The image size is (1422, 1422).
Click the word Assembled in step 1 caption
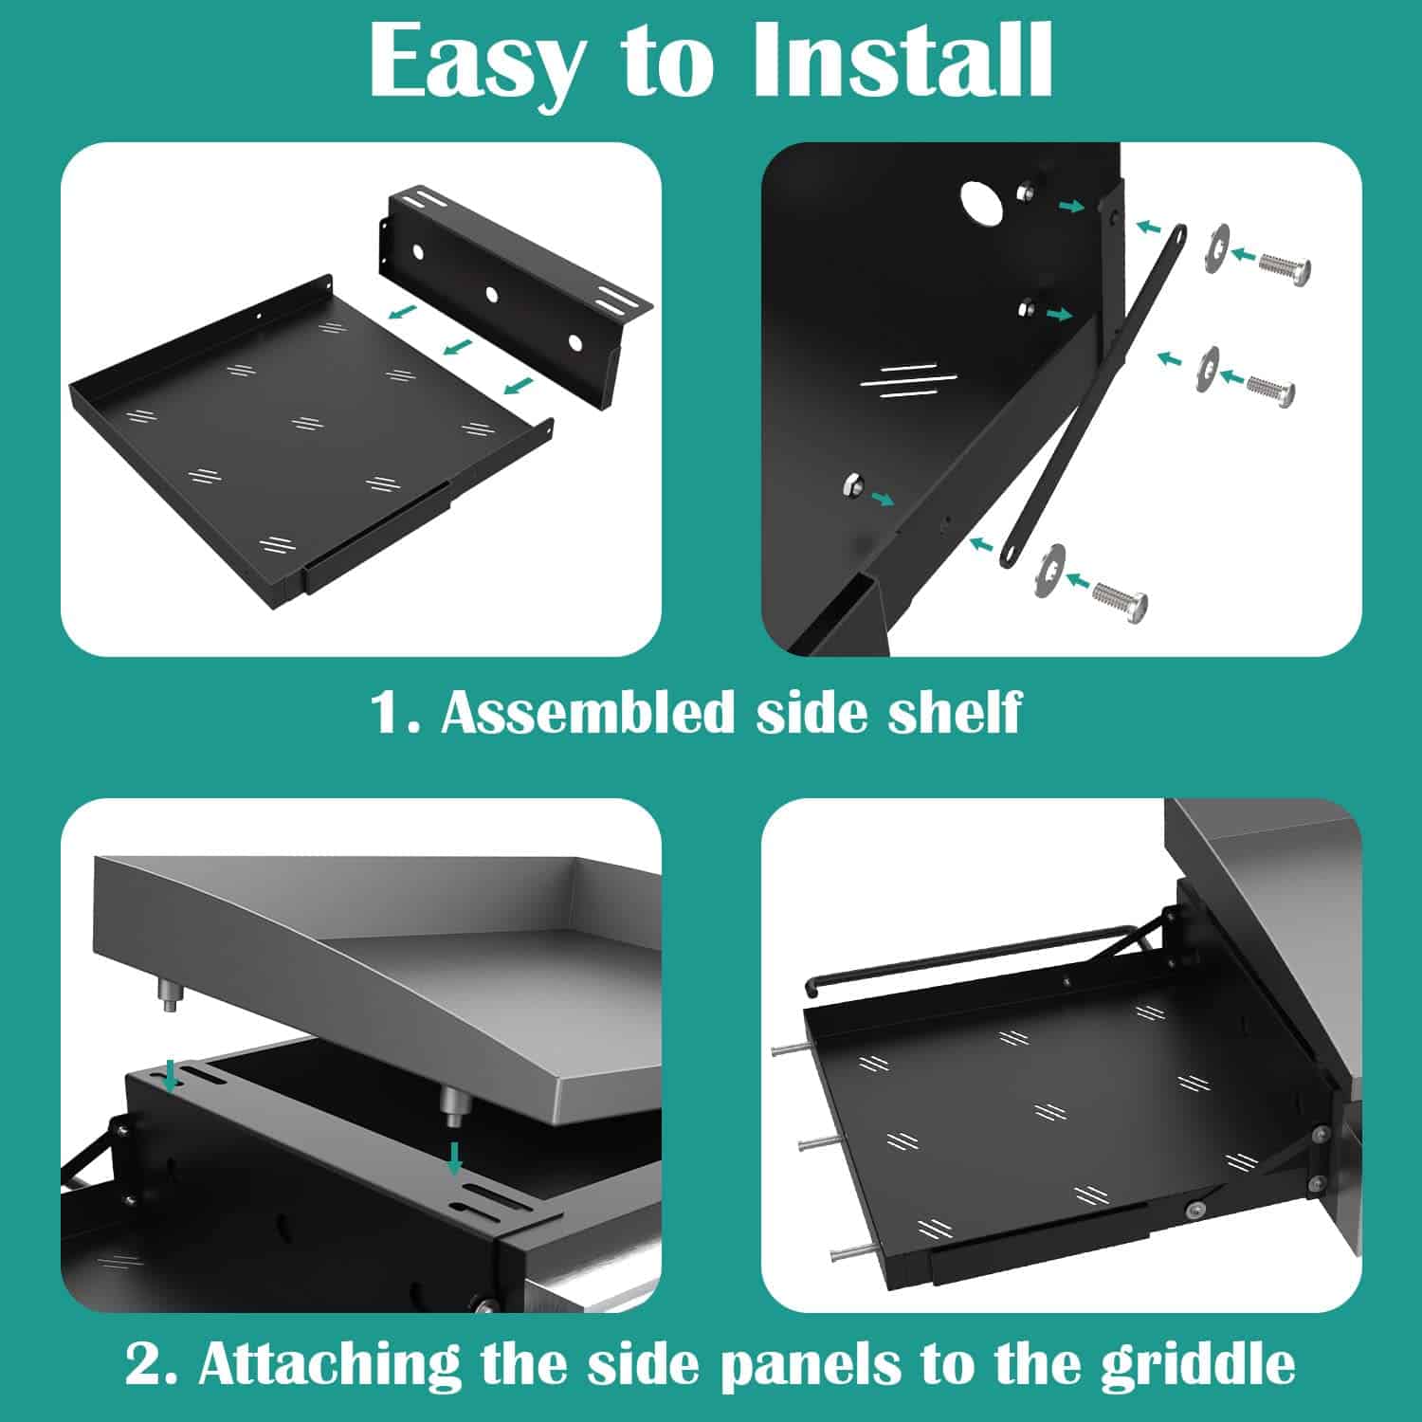click(x=588, y=712)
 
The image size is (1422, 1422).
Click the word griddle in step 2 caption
click(x=1198, y=1364)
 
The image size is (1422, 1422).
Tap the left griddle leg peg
click(x=170, y=998)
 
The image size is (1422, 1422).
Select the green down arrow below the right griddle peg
click(x=456, y=1158)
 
